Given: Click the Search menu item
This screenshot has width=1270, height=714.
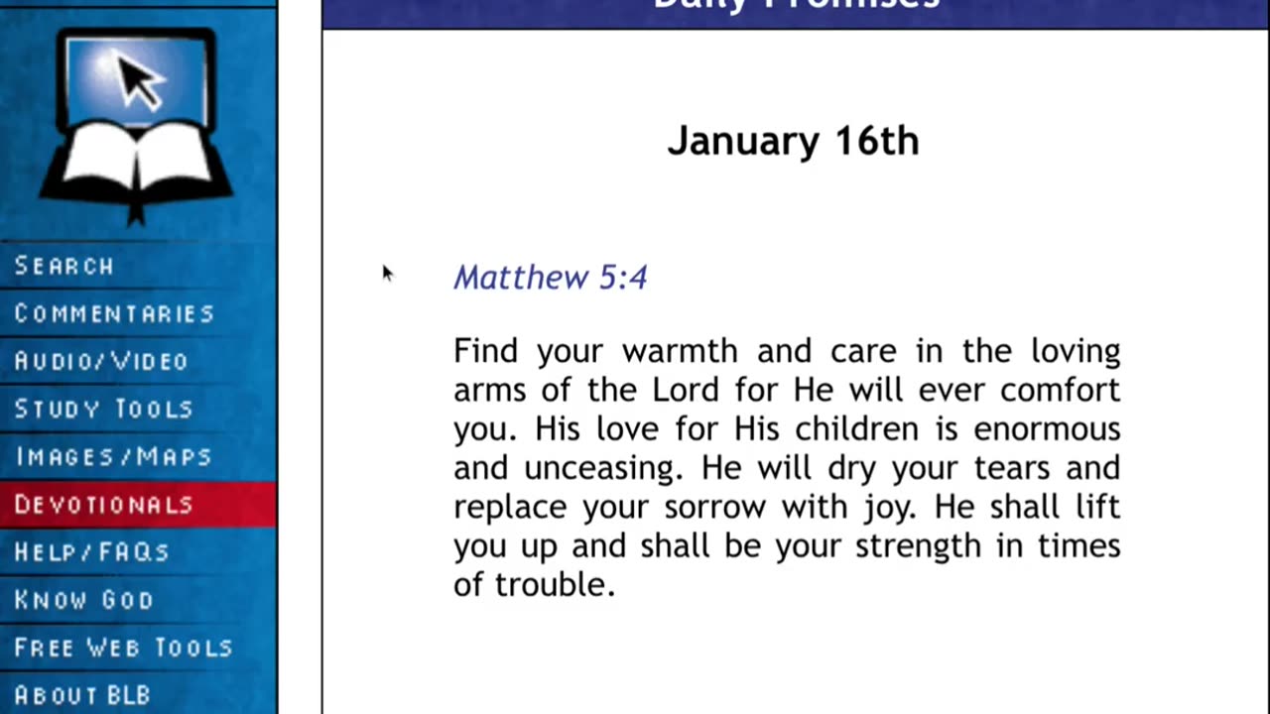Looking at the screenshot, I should [x=64, y=266].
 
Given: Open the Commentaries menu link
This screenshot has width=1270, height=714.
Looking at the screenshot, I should [x=114, y=313].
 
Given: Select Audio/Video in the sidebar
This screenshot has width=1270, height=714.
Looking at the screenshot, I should [x=101, y=361].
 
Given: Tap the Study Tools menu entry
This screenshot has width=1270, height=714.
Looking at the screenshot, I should [x=104, y=409].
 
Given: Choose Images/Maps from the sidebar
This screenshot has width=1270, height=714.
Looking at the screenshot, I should [x=113, y=456].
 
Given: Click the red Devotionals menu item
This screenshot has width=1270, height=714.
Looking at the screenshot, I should [x=104, y=504].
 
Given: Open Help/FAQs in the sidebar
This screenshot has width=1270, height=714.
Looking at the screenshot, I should [x=92, y=551].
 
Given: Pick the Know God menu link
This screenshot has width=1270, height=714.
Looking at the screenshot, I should [x=84, y=599].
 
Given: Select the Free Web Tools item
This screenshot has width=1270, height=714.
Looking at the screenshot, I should [x=123, y=647].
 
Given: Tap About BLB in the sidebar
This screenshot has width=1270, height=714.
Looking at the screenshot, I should [x=82, y=694].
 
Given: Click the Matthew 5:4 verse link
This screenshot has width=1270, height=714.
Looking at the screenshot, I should [x=551, y=277].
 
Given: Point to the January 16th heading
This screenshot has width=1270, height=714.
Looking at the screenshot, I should [x=793, y=141].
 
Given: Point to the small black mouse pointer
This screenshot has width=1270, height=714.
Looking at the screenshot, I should [x=387, y=274].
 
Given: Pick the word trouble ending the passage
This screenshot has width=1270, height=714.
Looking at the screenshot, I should [x=555, y=585].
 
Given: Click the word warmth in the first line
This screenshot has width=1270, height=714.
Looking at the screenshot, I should [x=680, y=351].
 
